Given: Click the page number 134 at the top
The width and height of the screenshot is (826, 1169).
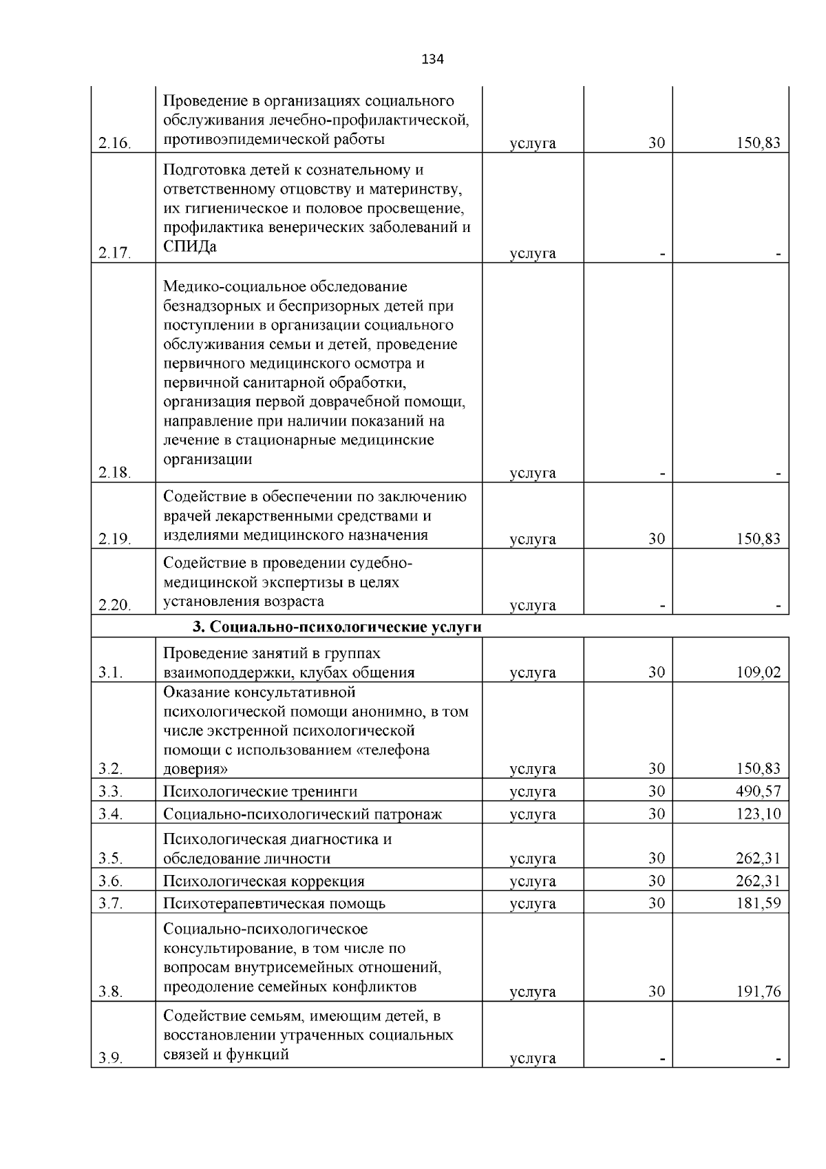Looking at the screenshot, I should coord(432,59).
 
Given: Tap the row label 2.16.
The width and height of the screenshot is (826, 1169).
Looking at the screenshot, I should coord(114,144).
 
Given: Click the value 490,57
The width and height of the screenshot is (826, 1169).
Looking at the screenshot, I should coord(758,791).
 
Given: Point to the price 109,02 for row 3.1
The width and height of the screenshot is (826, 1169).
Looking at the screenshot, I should coord(758,673).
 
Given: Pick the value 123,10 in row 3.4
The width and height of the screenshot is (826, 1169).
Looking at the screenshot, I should coord(758,814).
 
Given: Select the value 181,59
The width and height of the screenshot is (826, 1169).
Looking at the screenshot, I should coord(758,903).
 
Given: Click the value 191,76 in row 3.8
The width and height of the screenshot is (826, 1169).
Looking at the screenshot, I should coord(758,991).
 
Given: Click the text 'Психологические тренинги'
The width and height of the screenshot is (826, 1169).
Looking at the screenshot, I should coord(260,792).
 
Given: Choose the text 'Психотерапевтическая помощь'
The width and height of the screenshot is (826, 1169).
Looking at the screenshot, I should coord(274,903).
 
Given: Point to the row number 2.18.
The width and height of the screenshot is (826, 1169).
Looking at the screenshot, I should coord(114,473).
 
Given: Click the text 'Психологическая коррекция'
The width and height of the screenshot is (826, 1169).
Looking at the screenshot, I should coord(264,881).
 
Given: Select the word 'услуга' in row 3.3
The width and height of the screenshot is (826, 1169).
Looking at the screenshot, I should coord(532,792).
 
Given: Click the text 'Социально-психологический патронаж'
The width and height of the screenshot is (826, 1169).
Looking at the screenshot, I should coord(302,814).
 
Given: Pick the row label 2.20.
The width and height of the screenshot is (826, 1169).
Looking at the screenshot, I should coord(114,605).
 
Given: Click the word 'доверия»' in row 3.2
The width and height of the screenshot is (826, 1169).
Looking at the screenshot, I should coord(196,768).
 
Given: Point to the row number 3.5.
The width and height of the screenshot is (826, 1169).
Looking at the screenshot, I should coord(110,859).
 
